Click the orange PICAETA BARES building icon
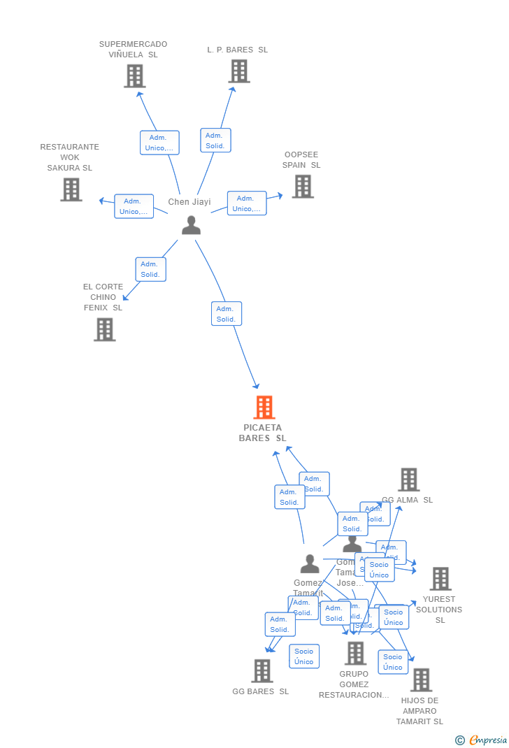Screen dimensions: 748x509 point(264,407)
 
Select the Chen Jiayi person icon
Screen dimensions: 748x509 point(191,225)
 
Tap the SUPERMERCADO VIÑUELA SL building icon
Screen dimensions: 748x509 point(134,75)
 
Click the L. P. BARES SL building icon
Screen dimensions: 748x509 point(238,71)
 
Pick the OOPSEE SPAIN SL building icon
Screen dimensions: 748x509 point(302,187)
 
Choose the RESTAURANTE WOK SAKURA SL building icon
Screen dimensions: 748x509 point(71,189)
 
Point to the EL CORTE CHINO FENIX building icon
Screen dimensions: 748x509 point(104,329)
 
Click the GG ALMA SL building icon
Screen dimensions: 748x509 point(408,480)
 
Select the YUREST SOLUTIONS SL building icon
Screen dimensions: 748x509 point(440,579)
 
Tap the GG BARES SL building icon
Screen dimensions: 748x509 point(261,671)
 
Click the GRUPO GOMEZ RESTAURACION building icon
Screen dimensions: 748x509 point(355,653)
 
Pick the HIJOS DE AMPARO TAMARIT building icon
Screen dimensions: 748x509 point(420,679)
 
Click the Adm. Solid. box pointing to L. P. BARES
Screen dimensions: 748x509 point(215,141)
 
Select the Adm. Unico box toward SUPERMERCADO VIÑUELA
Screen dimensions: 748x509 point(159,143)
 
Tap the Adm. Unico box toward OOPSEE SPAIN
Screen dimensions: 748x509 point(247,203)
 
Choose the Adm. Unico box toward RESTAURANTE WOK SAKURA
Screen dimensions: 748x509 point(134,206)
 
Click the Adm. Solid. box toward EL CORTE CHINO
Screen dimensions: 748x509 point(150,269)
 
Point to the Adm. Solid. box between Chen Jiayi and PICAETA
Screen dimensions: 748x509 point(226,314)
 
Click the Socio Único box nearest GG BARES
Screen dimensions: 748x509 point(304,656)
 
